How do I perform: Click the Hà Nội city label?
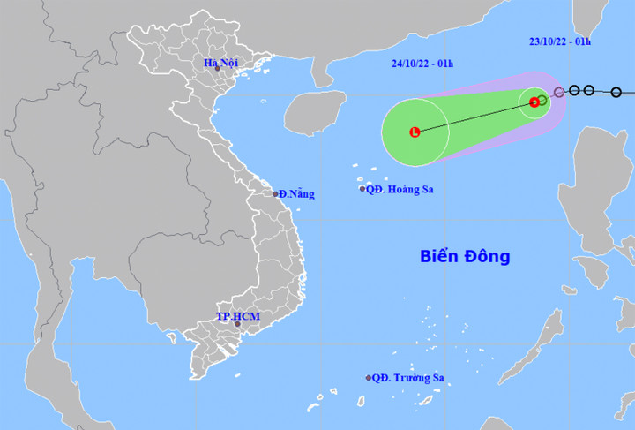(221, 63)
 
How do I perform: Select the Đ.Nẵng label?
(296, 194)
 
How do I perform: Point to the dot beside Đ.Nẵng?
(275, 194)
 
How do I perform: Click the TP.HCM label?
(236, 315)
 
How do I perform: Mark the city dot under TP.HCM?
(236, 325)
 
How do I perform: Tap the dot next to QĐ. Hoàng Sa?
(362, 189)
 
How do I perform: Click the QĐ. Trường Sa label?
(407, 378)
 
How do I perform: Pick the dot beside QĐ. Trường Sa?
(369, 378)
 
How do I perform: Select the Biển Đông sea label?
(464, 257)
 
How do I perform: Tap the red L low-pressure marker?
(415, 132)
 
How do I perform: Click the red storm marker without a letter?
(534, 102)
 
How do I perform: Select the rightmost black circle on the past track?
(616, 92)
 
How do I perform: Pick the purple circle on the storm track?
(559, 92)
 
